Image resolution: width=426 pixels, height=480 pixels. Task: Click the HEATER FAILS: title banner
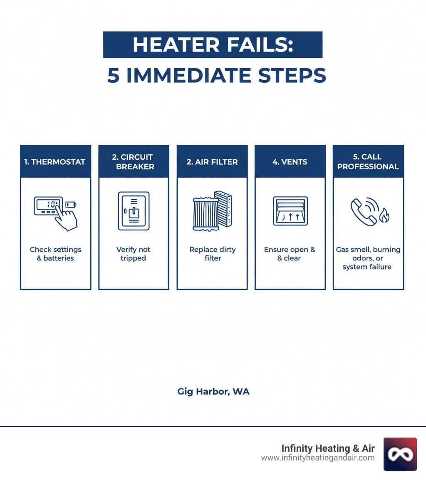click(213, 44)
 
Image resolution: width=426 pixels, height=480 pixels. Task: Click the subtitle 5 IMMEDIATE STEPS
click(216, 75)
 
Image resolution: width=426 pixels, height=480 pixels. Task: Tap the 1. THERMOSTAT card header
click(55, 162)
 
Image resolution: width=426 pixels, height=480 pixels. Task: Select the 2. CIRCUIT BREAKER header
click(134, 162)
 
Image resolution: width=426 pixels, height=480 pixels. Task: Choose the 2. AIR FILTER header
click(212, 162)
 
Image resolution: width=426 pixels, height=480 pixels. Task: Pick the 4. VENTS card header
click(290, 162)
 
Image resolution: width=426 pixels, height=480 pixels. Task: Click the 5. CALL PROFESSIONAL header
click(368, 162)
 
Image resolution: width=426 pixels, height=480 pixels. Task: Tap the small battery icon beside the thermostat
click(71, 204)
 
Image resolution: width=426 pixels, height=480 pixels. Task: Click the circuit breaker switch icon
click(134, 211)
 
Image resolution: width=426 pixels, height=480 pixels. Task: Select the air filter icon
click(212, 211)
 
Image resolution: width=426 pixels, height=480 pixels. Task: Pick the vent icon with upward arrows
click(290, 211)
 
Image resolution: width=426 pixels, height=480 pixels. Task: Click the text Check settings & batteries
click(55, 254)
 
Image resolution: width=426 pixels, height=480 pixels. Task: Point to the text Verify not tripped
click(134, 254)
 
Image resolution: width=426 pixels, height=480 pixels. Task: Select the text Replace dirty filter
click(212, 254)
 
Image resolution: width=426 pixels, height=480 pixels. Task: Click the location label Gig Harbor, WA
click(213, 391)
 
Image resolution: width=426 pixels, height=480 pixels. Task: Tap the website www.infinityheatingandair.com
click(318, 458)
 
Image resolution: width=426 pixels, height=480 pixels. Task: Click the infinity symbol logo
click(400, 454)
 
